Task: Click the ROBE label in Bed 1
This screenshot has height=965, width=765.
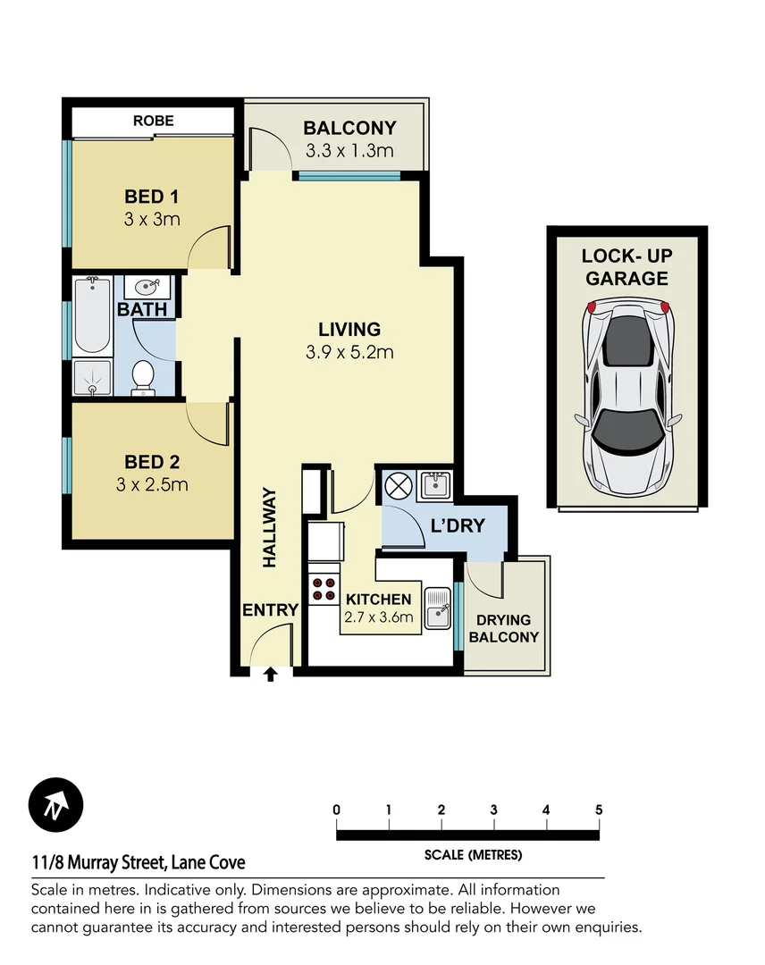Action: pos(153,120)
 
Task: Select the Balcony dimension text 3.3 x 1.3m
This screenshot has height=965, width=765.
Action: pos(349,150)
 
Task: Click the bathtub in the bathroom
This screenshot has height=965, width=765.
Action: pos(92,315)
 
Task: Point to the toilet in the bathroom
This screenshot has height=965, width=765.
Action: pos(143,377)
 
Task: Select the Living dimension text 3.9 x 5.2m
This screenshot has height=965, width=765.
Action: pos(349,352)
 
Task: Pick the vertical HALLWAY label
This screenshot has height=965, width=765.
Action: pos(269,528)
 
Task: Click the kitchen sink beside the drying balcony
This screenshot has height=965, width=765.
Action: pos(438,608)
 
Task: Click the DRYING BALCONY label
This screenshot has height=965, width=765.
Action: pos(504,628)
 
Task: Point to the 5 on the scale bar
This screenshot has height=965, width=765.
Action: pos(598,810)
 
